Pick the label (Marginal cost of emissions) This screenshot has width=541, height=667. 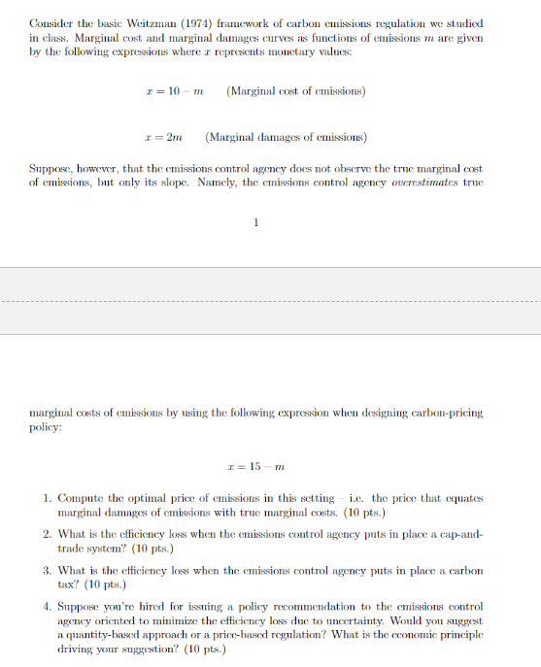click(294, 91)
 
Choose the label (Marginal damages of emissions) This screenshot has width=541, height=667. click(286, 137)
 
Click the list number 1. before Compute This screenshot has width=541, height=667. click(48, 498)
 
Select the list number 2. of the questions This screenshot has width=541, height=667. click(48, 534)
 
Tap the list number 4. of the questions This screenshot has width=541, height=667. click(48, 606)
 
